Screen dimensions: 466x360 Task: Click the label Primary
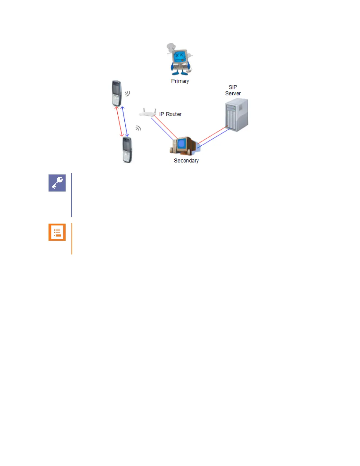(x=180, y=81)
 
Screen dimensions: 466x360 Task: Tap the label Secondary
(x=186, y=161)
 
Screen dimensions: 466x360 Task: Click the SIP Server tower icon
(x=236, y=115)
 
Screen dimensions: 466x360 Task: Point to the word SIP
(x=233, y=87)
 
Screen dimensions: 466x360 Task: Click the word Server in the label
(x=233, y=94)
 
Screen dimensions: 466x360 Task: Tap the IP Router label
(x=170, y=114)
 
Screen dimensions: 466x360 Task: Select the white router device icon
(x=148, y=113)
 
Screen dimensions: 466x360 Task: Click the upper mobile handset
(x=117, y=93)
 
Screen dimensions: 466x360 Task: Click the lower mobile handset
(x=127, y=150)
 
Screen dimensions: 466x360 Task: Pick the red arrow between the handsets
(x=119, y=122)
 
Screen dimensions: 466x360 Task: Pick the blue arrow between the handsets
(x=125, y=122)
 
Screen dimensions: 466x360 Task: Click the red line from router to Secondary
(x=165, y=127)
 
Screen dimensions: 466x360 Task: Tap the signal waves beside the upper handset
(x=127, y=94)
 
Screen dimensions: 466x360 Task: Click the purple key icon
(x=57, y=183)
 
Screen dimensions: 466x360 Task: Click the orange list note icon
(x=57, y=232)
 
